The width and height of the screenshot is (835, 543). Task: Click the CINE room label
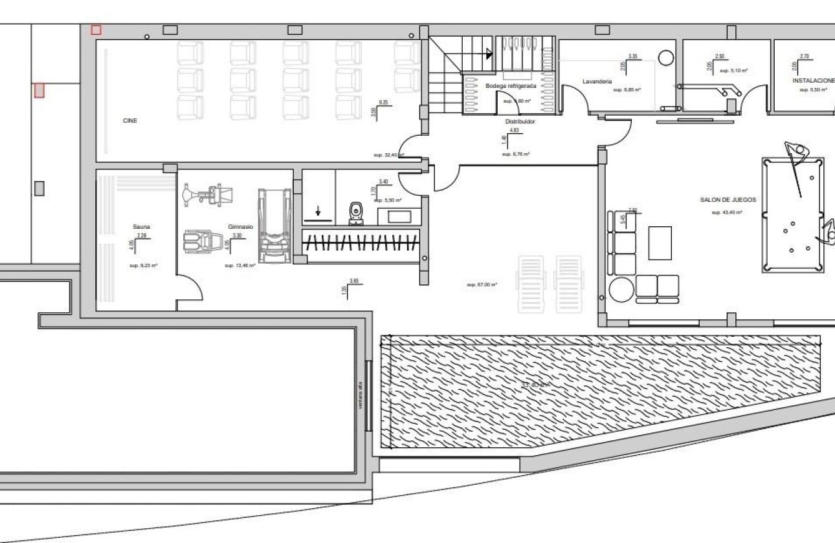[x=130, y=121]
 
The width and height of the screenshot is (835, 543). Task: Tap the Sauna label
[x=142, y=226]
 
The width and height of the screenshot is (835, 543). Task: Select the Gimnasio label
[x=241, y=227]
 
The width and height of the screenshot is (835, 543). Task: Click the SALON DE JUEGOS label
[x=728, y=200]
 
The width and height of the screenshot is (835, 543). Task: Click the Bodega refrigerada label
[x=511, y=85]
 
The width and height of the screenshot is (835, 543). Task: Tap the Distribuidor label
[x=520, y=121]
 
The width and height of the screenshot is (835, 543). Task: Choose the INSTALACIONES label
[x=813, y=81]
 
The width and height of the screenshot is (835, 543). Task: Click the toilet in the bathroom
[x=355, y=213]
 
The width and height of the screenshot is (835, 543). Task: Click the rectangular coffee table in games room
[x=660, y=242]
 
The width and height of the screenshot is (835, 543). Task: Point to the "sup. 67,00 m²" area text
[x=482, y=284]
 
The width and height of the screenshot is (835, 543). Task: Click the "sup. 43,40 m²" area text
[x=726, y=212]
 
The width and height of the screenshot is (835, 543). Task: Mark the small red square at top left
[x=96, y=30]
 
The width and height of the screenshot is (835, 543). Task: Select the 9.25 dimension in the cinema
[x=383, y=102]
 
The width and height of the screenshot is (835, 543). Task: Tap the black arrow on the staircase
[x=489, y=54]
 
